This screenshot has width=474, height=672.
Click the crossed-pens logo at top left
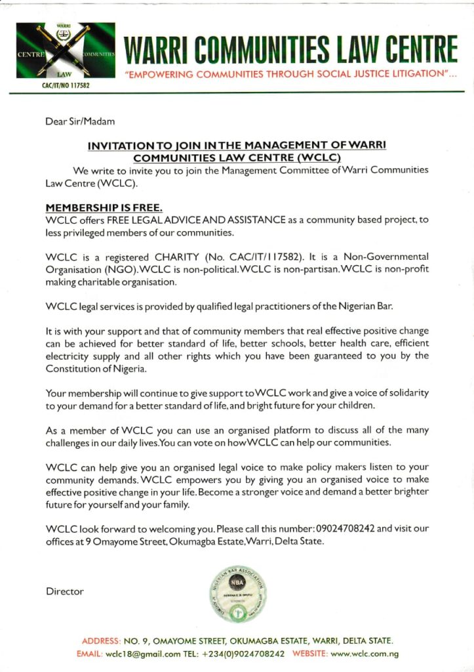click(65, 51)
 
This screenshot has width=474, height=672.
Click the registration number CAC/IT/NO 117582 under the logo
click(66, 86)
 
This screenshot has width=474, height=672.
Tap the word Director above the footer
click(65, 591)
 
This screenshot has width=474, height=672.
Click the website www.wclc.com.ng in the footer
click(365, 654)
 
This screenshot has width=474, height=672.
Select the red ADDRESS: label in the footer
click(102, 640)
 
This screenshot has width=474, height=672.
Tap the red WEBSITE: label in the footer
click(309, 654)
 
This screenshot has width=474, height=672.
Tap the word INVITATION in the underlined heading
click(121, 145)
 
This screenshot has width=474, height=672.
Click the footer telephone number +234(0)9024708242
click(243, 654)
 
